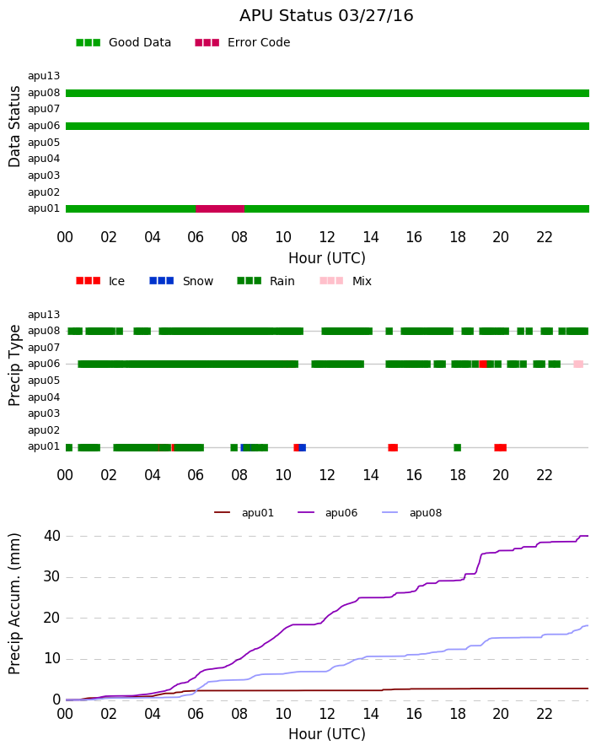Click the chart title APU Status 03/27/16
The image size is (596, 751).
[x=326, y=16]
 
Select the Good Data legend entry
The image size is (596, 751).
[x=123, y=43]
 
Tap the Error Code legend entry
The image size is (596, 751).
[x=243, y=43]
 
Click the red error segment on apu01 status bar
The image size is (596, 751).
[x=220, y=208]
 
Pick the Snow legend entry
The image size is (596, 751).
[x=181, y=281]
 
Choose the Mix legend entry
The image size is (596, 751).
[x=346, y=281]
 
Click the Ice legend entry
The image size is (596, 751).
[x=100, y=281]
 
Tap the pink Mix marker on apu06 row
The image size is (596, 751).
[x=578, y=365]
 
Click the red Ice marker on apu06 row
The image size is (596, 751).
[x=483, y=365]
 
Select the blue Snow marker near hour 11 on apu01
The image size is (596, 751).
[x=303, y=448]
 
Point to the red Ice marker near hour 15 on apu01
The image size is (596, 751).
[x=393, y=448]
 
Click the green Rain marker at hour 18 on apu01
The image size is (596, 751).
[x=457, y=448]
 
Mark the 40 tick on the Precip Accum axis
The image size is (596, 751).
[x=52, y=536]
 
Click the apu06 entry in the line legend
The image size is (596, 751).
[x=328, y=513]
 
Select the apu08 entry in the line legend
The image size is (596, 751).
[x=412, y=513]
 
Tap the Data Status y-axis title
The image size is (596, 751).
[x=14, y=127]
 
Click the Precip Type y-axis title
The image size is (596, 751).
[x=14, y=365]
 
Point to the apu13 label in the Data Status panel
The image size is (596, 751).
[x=44, y=76]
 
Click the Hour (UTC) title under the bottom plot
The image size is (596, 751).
[x=327, y=734]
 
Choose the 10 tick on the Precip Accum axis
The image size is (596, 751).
[x=52, y=659]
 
